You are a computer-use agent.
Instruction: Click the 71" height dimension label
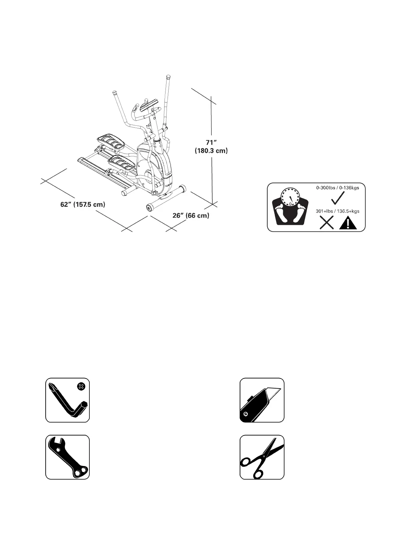[211, 142]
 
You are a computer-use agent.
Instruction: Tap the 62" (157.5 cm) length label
[83, 205]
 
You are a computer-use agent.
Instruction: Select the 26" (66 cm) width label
[191, 216]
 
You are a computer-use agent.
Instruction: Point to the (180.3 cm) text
[211, 151]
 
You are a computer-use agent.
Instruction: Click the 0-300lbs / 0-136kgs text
[337, 187]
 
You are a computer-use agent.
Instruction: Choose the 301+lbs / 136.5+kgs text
[337, 211]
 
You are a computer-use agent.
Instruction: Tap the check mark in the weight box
[338, 198]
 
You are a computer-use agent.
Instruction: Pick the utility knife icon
[262, 400]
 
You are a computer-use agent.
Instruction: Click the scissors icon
[262, 457]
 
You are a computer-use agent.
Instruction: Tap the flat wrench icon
[67, 457]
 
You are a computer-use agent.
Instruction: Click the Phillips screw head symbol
[81, 386]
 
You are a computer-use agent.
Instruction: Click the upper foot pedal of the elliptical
[110, 142]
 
